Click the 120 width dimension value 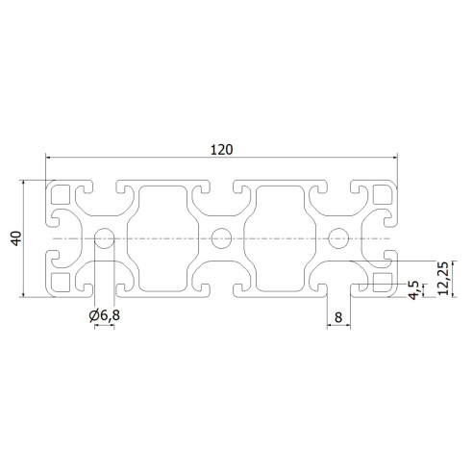[221, 149]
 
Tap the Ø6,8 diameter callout [104, 314]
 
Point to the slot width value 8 [338, 314]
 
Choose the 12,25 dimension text [442, 280]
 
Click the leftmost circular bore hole [105, 237]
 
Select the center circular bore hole [221, 236]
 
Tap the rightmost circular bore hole [337, 237]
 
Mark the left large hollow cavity [163, 237]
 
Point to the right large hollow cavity [280, 237]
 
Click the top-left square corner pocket [62, 194]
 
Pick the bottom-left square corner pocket [62, 281]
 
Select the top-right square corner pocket [382, 194]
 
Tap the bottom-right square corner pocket [382, 281]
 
